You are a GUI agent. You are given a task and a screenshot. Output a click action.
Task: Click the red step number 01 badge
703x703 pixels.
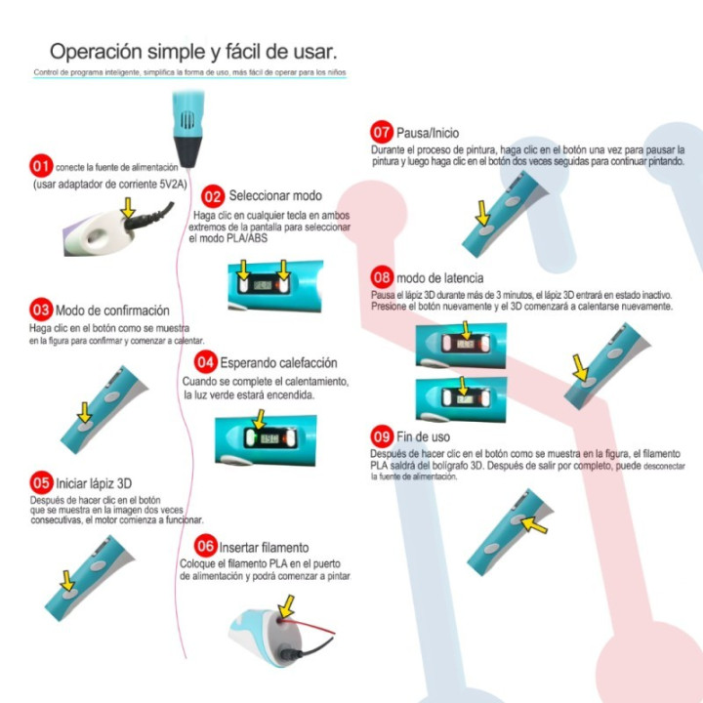point(41,166)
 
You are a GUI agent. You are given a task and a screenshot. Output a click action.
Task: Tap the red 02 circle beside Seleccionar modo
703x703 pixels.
point(213,196)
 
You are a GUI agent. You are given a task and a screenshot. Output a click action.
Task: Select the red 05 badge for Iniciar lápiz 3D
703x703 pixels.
point(41,483)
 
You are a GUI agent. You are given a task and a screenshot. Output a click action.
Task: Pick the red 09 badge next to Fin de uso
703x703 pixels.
point(382,436)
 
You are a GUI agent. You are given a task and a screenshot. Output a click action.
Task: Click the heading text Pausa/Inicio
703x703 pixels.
point(428,133)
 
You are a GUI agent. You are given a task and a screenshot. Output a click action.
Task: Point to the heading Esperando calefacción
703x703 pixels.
point(278,362)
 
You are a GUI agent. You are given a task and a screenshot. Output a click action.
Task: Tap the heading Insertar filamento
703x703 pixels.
point(264,548)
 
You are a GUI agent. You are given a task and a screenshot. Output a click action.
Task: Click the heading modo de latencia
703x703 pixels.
point(439,278)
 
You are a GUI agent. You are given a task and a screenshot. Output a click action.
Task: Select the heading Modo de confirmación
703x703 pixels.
point(112,310)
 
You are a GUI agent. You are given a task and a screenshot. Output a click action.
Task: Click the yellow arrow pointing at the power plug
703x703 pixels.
point(128,208)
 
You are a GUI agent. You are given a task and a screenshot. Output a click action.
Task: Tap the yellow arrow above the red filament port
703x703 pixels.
point(285,606)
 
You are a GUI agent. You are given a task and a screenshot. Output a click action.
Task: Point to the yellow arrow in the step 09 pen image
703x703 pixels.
point(534,524)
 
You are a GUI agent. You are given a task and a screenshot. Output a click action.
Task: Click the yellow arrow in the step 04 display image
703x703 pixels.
point(259,419)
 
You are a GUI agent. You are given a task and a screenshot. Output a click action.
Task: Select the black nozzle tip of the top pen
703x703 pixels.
point(188,152)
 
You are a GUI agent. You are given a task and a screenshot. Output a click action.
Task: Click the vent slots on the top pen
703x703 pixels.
point(187,120)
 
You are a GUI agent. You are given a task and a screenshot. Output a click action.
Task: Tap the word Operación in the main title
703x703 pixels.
point(96,52)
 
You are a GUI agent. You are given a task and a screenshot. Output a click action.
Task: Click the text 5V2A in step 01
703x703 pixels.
point(173,185)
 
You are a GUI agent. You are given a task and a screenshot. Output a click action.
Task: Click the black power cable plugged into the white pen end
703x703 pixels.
point(148,217)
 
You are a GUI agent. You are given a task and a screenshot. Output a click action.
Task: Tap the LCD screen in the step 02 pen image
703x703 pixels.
point(263,285)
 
